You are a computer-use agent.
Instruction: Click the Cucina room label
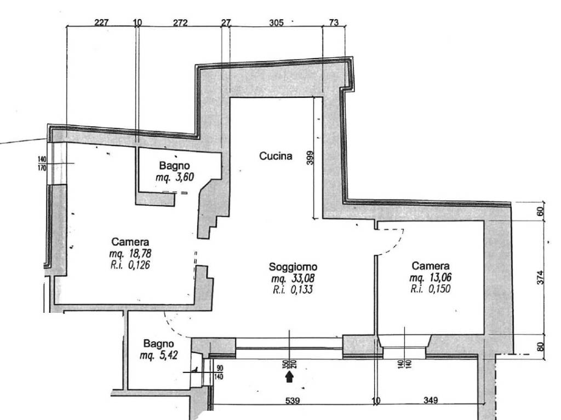[276, 156]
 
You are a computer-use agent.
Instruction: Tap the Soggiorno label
[293, 267]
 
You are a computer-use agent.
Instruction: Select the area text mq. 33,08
[293, 278]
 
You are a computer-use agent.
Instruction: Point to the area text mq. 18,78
[130, 254]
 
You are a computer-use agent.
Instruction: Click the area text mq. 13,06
[431, 277]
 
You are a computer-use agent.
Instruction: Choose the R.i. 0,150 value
[431, 289]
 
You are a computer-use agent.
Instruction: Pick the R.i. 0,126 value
[130, 265]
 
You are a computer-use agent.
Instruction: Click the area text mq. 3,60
[175, 177]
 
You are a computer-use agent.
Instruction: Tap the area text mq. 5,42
[159, 355]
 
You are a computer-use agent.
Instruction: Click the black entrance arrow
[289, 377]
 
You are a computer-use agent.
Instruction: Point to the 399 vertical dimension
[310, 158]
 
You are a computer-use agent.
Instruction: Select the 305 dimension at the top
[276, 23]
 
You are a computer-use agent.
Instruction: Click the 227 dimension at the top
[101, 23]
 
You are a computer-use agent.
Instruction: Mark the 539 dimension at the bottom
[293, 401]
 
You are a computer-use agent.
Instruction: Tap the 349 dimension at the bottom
[431, 400]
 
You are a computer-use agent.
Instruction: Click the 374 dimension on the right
[540, 277]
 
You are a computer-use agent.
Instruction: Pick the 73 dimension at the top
[334, 23]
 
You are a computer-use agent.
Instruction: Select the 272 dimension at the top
[180, 23]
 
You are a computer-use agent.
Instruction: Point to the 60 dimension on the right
[540, 212]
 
